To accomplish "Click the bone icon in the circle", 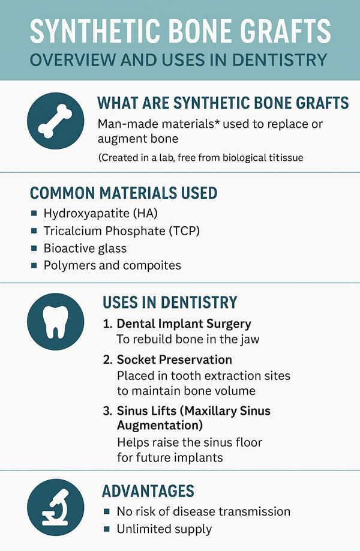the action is pos(55,121).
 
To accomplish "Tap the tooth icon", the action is pos(55,322).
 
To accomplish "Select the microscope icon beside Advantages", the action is pos(55,507).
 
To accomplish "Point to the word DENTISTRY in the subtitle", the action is pos(280,60).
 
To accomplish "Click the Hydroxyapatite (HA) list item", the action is pos(100,213).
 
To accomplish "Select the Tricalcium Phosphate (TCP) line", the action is pos(122,231).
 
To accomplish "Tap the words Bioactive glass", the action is pos(85,248).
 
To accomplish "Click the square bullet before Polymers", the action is pos(34,265).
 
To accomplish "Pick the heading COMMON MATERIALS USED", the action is pos(124,193).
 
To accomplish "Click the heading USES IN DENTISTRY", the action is pos(170,302).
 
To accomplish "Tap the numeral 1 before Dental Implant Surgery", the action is pos(106,324).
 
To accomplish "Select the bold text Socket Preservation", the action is pos(175,360).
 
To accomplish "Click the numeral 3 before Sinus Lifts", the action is pos(107,411).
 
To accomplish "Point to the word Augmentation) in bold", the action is pos(160,426).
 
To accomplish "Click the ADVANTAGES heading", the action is pos(148,491).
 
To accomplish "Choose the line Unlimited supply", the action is pos(164,529).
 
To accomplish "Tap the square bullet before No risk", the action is pos(107,511).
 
